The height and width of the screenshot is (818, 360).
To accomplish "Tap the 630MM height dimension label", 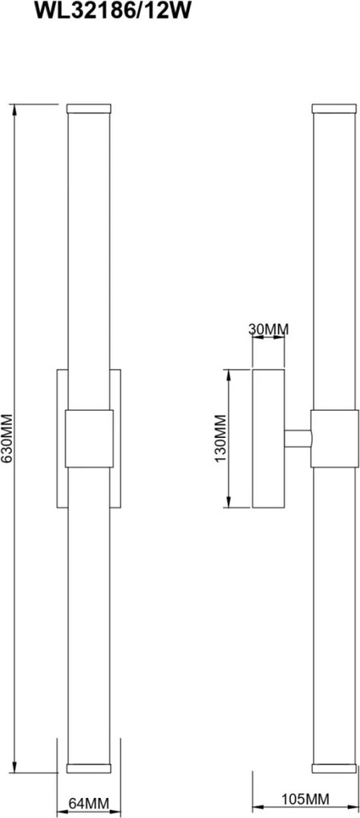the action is click(x=7, y=438).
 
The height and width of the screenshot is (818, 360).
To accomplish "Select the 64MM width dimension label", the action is click(x=88, y=804).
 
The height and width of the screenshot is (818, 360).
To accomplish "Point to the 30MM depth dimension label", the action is click(x=268, y=329).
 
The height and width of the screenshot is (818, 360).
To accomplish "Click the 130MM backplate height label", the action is click(x=221, y=438).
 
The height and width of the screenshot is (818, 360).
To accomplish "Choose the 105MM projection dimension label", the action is click(x=305, y=799).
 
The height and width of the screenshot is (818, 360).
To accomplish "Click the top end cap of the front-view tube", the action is click(x=89, y=108).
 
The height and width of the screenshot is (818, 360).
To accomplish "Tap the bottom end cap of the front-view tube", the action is click(x=89, y=768).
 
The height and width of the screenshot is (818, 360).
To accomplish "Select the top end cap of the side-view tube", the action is click(x=334, y=108).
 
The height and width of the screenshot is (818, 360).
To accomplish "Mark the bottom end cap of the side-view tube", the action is click(x=334, y=768).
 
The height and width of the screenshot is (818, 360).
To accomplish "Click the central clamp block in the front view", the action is click(x=89, y=438).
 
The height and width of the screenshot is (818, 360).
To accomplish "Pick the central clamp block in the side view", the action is click(x=334, y=438).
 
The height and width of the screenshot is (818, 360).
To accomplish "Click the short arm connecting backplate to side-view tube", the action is click(x=297, y=438).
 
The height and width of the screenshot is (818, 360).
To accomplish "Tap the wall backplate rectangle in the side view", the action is click(x=268, y=438).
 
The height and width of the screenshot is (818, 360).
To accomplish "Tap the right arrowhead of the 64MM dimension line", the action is click(x=115, y=812).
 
